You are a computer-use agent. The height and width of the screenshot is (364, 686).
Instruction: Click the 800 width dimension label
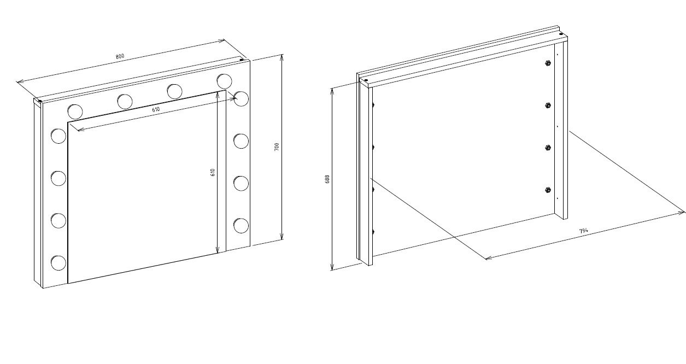point(120,56)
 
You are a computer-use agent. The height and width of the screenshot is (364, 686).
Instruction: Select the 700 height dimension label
point(277,147)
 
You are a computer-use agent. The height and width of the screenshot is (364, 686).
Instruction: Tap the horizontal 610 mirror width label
point(156,109)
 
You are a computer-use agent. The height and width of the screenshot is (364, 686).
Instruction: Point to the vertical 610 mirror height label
point(213,172)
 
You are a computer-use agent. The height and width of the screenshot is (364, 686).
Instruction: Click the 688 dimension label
point(327,179)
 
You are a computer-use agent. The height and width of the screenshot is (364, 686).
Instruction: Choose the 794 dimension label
point(584,231)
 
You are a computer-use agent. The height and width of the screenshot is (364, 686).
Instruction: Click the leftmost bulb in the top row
point(75,111)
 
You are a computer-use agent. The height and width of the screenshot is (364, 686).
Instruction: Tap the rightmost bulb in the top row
point(225,81)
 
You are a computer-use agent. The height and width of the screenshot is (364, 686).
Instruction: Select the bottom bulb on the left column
point(58,263)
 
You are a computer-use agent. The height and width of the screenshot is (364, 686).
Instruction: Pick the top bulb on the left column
point(58,136)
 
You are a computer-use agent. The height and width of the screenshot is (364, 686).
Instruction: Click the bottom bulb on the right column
point(241,226)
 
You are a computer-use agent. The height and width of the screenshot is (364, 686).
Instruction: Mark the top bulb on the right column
point(242,98)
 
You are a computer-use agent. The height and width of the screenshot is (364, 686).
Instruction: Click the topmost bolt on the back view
point(548,63)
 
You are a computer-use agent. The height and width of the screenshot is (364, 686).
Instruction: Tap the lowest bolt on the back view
point(548,190)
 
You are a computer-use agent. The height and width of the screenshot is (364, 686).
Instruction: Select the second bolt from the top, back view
point(548,105)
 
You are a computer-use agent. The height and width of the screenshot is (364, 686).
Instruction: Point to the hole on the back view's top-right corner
point(561,34)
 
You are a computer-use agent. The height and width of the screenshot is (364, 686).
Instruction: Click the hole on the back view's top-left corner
point(365,80)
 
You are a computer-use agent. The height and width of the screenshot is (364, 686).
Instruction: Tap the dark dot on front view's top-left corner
point(39,101)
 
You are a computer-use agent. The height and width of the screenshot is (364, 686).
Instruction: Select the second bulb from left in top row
point(125,101)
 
